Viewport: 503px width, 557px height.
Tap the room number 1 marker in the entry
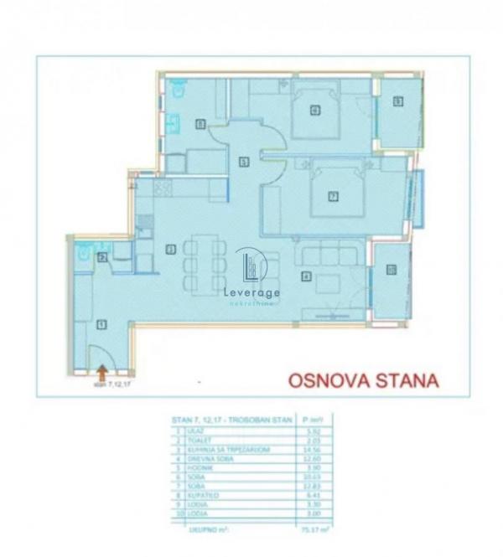tap(102, 322)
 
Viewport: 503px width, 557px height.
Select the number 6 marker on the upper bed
tap(315, 109)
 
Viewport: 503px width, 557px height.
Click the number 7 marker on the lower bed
tap(333, 197)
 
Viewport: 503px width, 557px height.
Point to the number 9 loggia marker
tap(398, 102)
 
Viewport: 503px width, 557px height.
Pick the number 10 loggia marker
tap(391, 270)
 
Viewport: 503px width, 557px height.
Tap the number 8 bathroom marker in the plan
tap(200, 124)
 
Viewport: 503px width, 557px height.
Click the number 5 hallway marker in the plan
tap(243, 161)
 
